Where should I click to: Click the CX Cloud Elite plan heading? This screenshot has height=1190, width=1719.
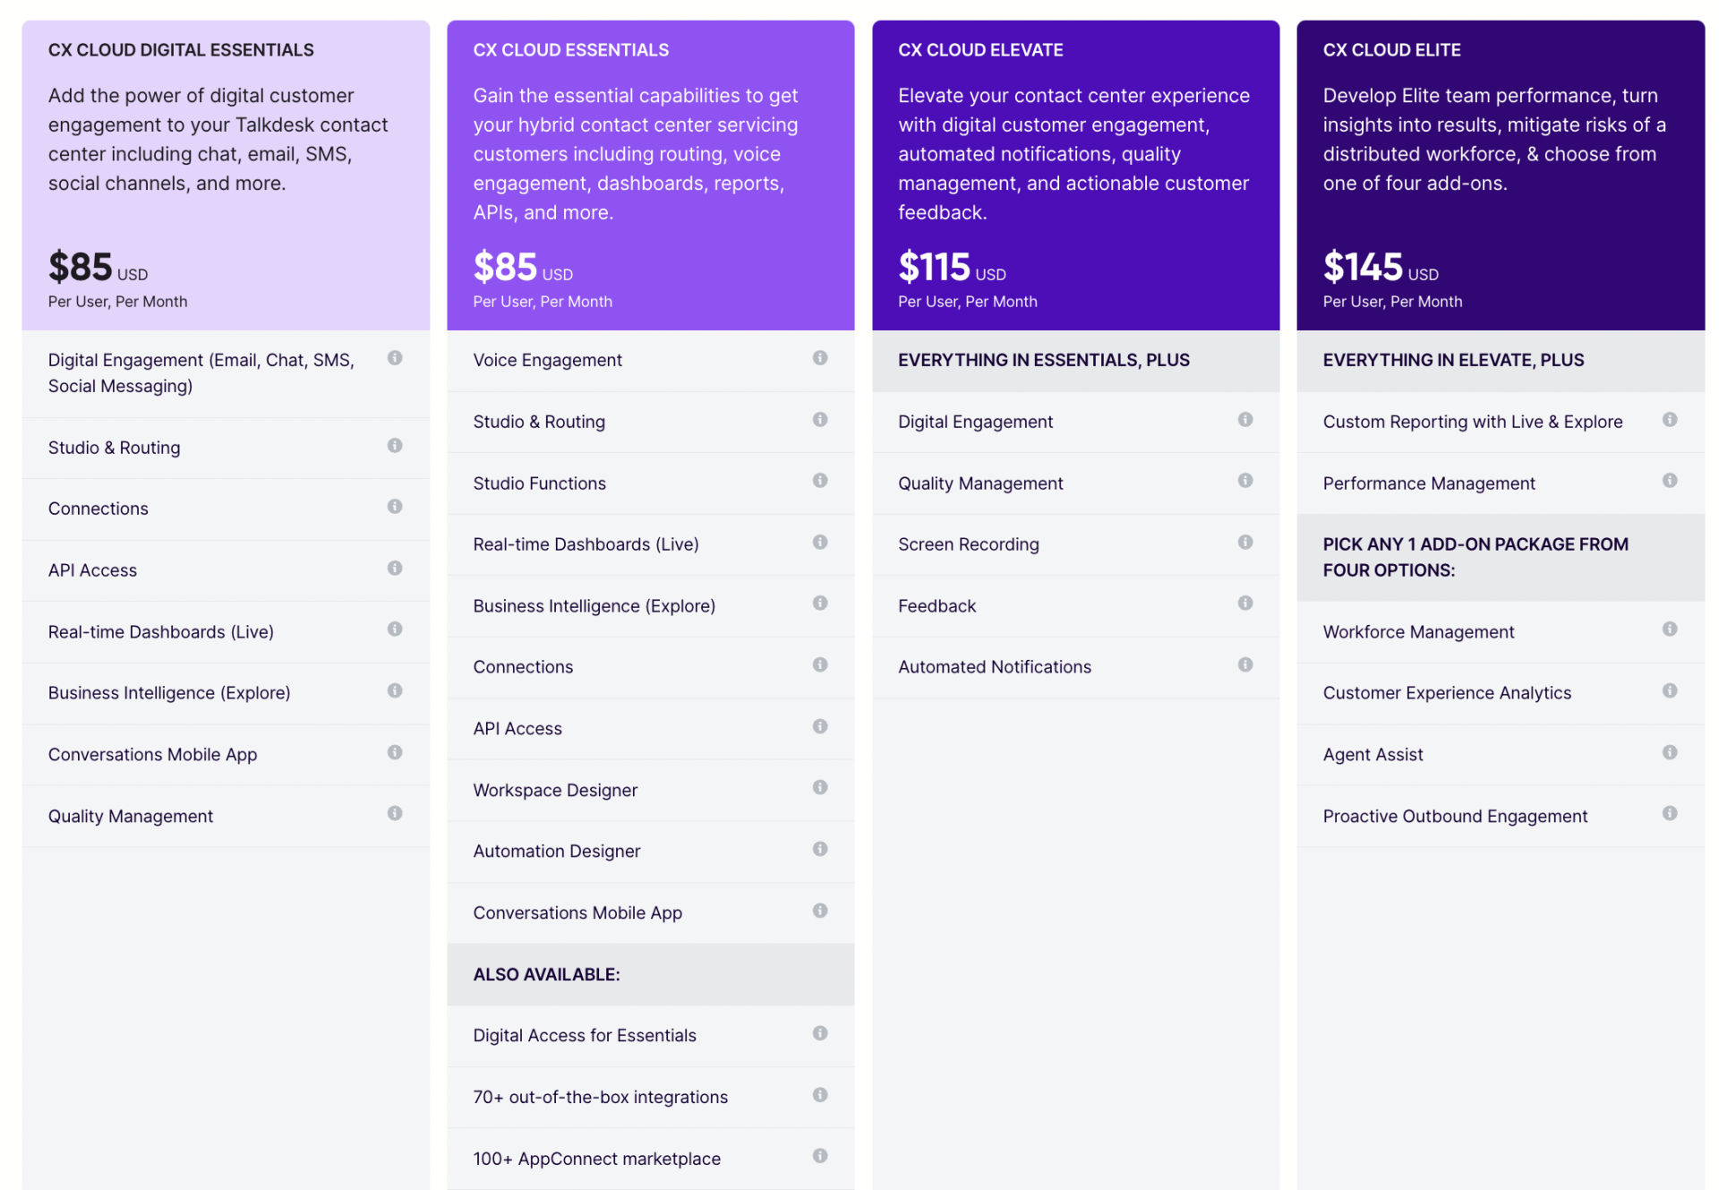click(x=1391, y=50)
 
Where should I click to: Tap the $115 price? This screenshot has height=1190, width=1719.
click(x=934, y=267)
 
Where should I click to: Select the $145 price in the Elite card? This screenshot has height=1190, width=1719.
click(x=1362, y=267)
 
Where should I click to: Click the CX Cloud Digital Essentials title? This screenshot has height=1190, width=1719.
click(x=181, y=50)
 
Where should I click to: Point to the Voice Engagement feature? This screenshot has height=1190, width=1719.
click(x=547, y=360)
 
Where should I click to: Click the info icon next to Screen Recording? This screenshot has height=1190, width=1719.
click(x=1244, y=543)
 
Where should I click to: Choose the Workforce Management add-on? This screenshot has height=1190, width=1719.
click(x=1418, y=632)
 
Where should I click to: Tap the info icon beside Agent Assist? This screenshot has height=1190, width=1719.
click(x=1669, y=752)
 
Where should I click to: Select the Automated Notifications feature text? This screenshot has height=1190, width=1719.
click(x=994, y=667)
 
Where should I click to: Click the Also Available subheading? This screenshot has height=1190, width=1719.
click(x=546, y=974)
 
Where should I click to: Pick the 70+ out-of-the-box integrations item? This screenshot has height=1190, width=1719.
click(x=600, y=1097)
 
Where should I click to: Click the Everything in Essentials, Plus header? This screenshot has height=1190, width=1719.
click(x=1043, y=360)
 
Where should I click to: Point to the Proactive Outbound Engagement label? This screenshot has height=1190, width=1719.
click(x=1455, y=817)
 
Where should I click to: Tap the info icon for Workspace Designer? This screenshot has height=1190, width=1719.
click(x=819, y=787)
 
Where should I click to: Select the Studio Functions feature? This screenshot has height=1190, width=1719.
click(x=539, y=484)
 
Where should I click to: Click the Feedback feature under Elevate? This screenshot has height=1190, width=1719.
click(x=936, y=606)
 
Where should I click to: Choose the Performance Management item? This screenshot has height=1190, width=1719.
click(x=1428, y=484)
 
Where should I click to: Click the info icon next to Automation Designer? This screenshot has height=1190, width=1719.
click(x=819, y=849)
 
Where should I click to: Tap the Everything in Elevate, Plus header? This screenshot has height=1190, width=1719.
click(x=1452, y=360)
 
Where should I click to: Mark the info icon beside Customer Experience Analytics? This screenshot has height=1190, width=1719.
click(x=1669, y=690)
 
